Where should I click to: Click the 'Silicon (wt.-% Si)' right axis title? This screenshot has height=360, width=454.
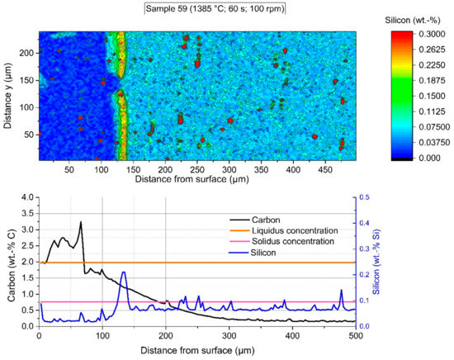coord(444,261)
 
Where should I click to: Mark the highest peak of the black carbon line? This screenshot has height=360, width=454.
coord(80,221)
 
